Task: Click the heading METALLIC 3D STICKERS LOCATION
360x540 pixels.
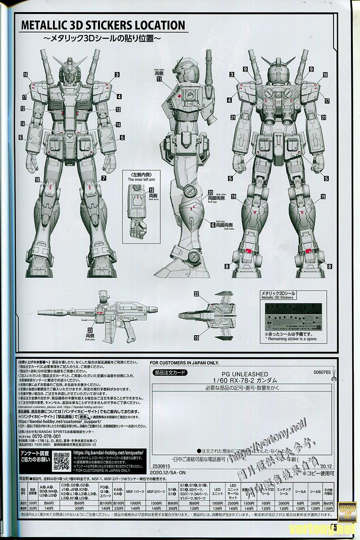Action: click(103, 25)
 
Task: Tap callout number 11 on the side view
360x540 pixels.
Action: click(159, 79)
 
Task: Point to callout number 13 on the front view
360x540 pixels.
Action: click(118, 109)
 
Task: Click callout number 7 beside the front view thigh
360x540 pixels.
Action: click(104, 179)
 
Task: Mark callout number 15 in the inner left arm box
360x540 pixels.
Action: click(152, 191)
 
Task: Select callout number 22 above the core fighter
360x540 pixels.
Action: click(196, 294)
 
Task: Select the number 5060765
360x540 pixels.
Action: click(320, 372)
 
